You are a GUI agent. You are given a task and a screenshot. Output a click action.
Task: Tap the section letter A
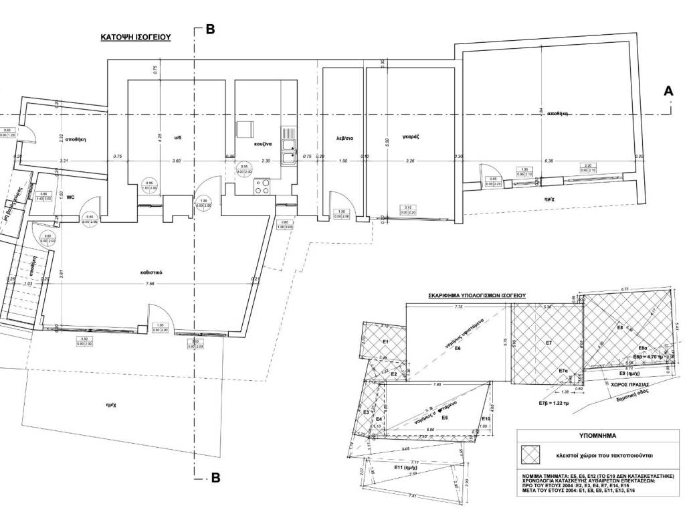[667, 92]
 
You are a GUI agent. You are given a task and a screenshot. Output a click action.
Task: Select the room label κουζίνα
[262, 144]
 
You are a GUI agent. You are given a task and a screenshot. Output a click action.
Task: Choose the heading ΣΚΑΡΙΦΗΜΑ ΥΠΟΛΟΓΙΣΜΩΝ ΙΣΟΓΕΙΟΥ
[476, 294]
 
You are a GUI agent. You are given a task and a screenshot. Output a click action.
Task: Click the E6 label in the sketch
[458, 349]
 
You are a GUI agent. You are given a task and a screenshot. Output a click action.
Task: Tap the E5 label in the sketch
[444, 418]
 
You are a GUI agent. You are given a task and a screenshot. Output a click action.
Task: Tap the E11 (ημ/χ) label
[407, 468]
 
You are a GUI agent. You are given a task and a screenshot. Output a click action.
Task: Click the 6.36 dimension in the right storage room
[550, 161]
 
